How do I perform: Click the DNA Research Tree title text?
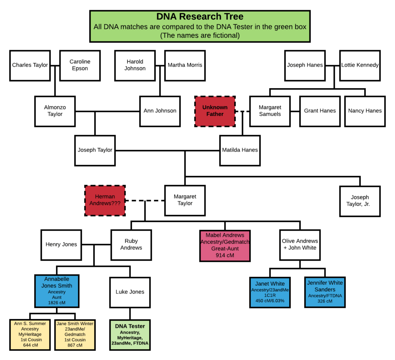click(x=199, y=17)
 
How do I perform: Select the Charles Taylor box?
click(x=30, y=65)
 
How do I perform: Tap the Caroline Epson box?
click(x=80, y=65)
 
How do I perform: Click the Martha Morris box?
click(x=185, y=65)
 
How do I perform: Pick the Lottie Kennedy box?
click(x=360, y=65)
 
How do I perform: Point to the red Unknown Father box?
click(x=215, y=111)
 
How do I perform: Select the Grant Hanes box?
click(x=320, y=111)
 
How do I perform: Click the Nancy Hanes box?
click(x=365, y=111)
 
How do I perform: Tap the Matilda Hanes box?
click(x=240, y=150)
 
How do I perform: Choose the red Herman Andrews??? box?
click(x=105, y=200)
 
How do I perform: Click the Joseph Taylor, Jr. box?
click(x=360, y=201)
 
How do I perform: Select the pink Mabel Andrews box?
click(x=225, y=245)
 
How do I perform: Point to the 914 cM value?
click(x=225, y=256)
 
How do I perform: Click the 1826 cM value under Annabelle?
click(x=57, y=303)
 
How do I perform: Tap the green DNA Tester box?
click(x=130, y=334)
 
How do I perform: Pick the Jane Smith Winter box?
click(x=75, y=334)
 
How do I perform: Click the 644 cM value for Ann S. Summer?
click(x=30, y=345)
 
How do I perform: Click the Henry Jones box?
click(x=61, y=244)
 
